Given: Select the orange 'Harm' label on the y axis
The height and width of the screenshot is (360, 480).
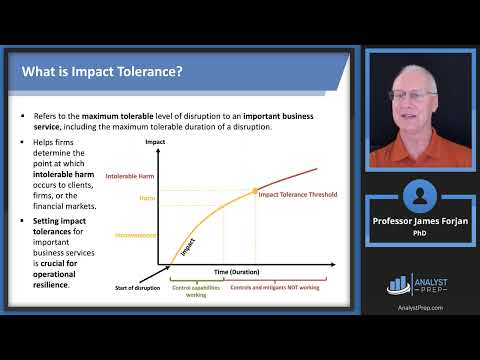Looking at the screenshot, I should [147, 198].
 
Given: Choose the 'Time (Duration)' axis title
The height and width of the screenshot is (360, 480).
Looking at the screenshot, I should [234, 272].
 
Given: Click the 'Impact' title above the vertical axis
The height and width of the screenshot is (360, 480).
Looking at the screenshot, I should [155, 144].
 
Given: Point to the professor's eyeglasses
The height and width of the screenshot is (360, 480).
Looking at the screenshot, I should [412, 96].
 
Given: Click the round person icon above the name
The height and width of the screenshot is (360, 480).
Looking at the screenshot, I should [417, 194].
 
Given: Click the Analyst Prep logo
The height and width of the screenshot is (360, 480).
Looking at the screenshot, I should [417, 285].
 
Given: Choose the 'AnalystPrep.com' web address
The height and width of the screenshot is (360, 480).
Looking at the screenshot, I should [417, 308].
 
